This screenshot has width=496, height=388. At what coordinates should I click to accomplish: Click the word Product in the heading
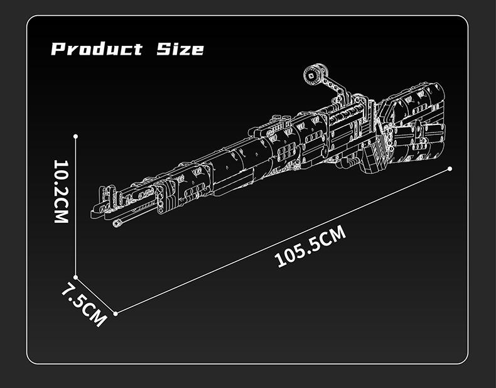(x=97, y=49)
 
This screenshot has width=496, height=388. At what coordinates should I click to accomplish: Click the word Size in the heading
(x=180, y=49)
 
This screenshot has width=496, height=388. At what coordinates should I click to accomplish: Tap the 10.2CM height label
(x=61, y=191)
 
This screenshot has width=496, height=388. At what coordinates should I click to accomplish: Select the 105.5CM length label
(x=310, y=246)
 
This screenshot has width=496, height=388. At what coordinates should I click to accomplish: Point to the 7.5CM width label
(x=84, y=304)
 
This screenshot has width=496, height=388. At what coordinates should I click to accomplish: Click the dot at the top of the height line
(x=75, y=136)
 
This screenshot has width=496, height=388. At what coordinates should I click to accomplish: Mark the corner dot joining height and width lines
(x=76, y=278)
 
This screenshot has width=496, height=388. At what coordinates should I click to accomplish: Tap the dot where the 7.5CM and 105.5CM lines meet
(x=116, y=314)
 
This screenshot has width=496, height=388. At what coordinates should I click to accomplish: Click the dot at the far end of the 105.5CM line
(x=450, y=169)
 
